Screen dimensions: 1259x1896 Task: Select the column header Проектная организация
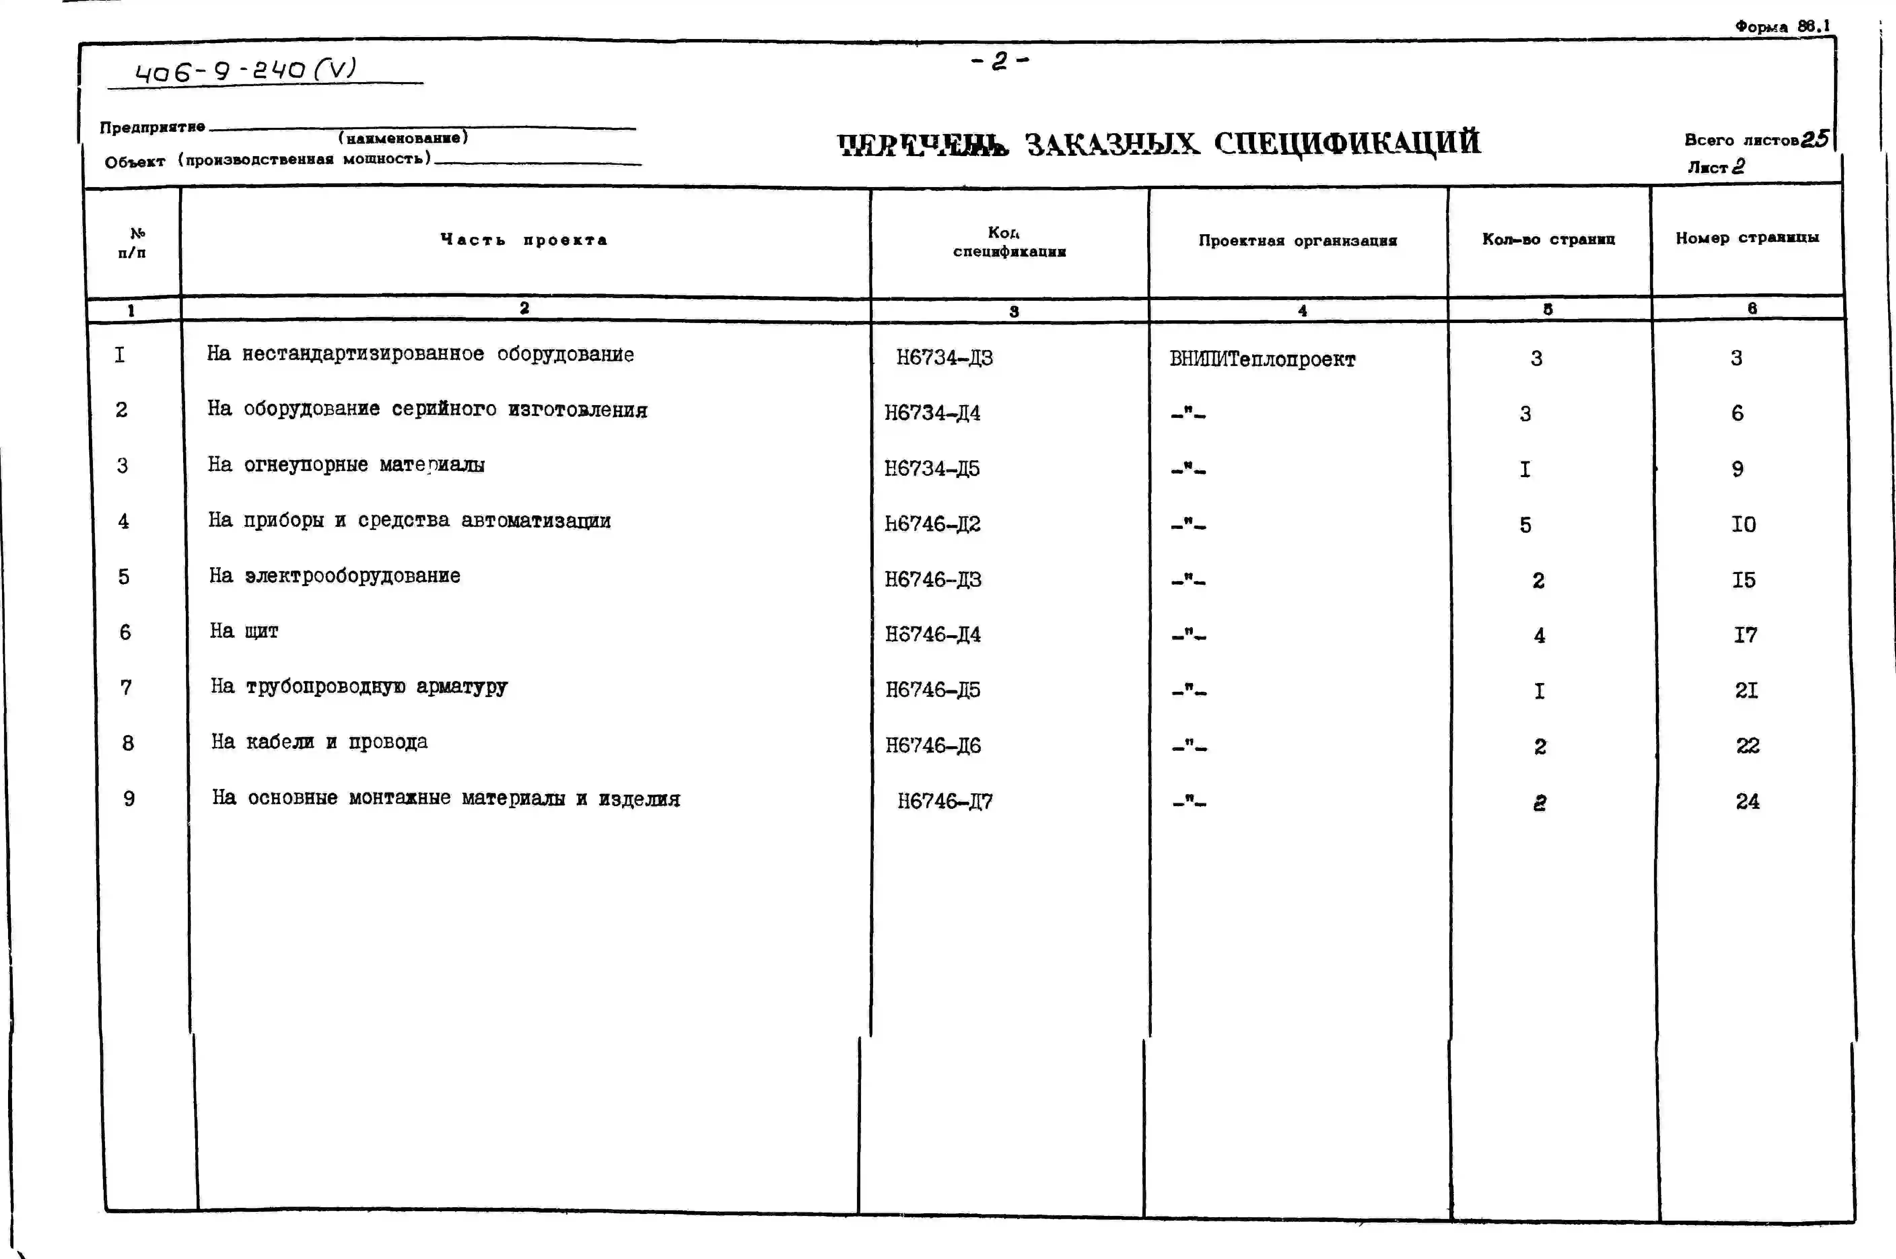(1298, 240)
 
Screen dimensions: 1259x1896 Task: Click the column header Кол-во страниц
(1548, 239)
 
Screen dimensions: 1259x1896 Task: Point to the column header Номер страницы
(1747, 238)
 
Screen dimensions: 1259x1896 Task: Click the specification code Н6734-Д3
(944, 357)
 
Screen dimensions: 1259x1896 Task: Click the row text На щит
(244, 631)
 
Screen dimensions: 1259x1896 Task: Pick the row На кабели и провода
(320, 742)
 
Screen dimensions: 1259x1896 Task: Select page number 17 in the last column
(1745, 635)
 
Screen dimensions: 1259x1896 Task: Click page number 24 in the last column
(1747, 801)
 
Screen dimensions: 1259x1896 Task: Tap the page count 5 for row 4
(1525, 525)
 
